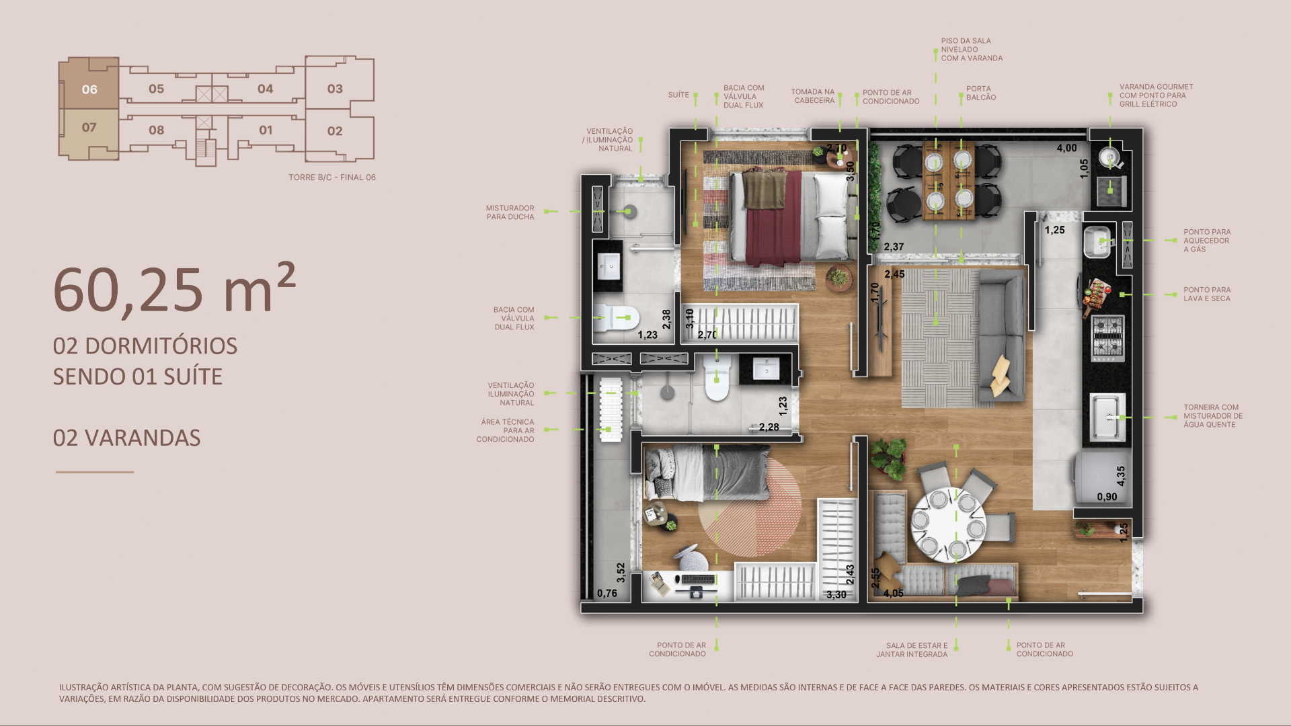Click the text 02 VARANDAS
126,438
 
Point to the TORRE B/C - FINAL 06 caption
332,177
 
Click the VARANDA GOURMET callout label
1156,95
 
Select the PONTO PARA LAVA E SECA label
1207,294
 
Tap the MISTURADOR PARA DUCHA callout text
510,212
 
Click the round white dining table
948,524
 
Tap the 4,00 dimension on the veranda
1066,148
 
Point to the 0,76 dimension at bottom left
607,593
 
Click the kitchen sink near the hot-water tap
1107,417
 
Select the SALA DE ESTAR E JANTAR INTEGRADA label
912,650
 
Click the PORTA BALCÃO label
981,93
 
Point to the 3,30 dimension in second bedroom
836,594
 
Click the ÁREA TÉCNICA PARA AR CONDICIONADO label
506,431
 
